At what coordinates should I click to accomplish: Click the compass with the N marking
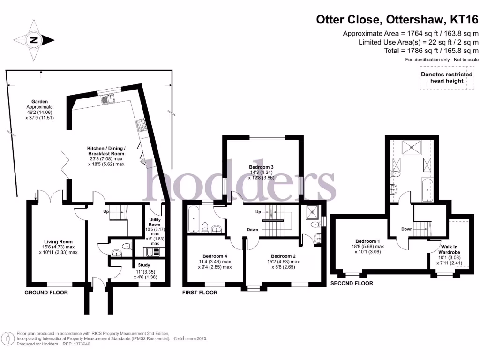coord(34,40)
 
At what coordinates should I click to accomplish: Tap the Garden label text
coord(40,101)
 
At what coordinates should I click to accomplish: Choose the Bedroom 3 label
coord(261,167)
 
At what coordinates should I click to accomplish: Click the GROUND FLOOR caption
coord(46,292)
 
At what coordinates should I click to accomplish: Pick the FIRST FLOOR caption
coord(200,292)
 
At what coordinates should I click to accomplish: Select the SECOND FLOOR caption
coord(352,283)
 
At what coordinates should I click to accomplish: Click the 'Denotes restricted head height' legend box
coord(447,78)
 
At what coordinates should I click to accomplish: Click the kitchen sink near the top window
coord(105,99)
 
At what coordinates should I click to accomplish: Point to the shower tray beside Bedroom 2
coord(311,213)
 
